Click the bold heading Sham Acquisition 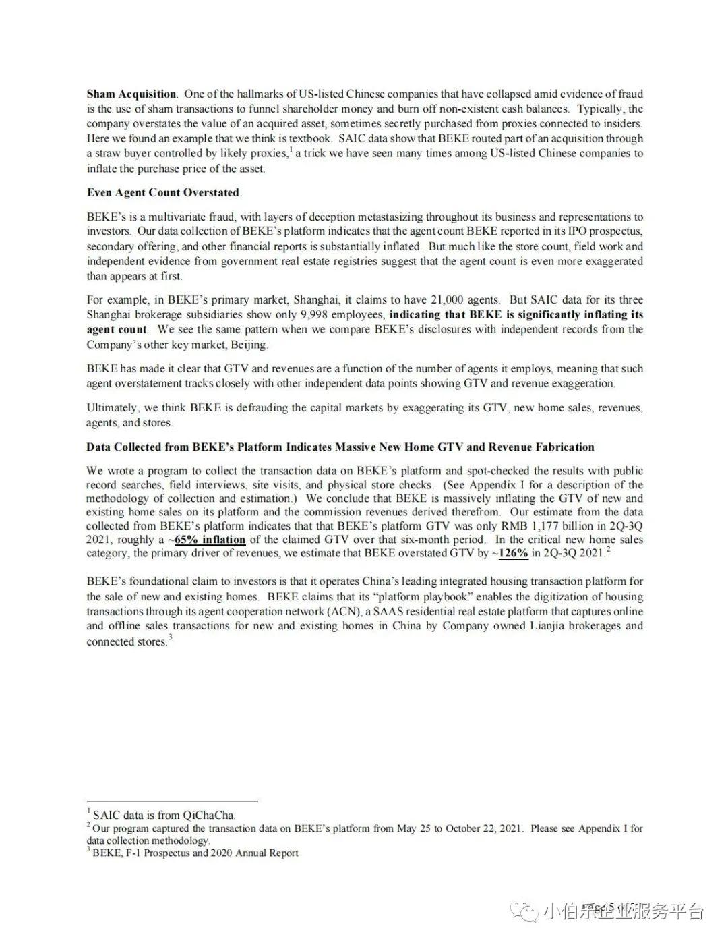click(131, 94)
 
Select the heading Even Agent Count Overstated click(163, 192)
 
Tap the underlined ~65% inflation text click(209, 540)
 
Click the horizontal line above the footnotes click(172, 801)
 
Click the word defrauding click(263, 407)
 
